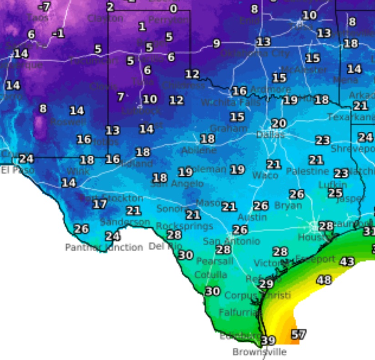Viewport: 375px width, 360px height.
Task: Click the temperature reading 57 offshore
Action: (x=299, y=334)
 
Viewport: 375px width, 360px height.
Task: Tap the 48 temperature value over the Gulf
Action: (x=324, y=280)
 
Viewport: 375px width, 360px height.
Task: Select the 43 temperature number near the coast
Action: (x=347, y=262)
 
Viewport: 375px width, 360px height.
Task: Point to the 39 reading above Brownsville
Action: (x=268, y=340)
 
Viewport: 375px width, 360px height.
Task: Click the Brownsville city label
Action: (x=259, y=352)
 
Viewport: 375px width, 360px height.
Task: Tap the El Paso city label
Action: (x=11, y=170)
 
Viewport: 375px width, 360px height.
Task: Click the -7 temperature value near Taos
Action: (x=44, y=7)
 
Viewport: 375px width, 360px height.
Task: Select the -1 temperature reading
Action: (x=58, y=34)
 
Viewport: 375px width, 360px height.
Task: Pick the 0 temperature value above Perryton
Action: (x=173, y=9)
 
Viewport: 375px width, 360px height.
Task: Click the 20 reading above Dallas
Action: (x=279, y=123)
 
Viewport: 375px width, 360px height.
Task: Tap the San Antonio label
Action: (x=231, y=241)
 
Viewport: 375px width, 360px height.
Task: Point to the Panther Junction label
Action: (x=104, y=247)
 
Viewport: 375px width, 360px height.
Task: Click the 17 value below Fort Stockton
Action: (x=100, y=204)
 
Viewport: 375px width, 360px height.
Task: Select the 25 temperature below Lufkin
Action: (x=335, y=193)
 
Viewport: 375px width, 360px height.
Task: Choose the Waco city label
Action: (x=265, y=175)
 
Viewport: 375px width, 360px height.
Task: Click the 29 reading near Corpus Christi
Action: (x=266, y=283)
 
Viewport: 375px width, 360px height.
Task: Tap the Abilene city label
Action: (x=199, y=150)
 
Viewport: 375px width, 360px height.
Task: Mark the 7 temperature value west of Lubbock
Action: (x=121, y=97)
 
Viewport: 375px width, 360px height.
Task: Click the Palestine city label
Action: (x=307, y=171)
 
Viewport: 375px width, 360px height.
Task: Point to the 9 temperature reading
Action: (x=217, y=44)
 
